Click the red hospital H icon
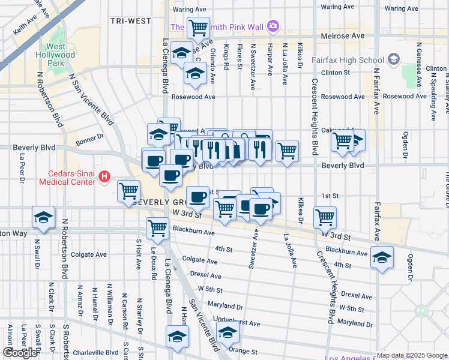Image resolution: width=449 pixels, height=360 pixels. click(x=104, y=176)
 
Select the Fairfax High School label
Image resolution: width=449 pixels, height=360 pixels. click(x=348, y=60)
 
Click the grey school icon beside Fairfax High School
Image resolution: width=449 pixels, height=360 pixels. click(x=394, y=59)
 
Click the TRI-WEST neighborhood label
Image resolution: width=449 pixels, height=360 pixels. click(x=131, y=21)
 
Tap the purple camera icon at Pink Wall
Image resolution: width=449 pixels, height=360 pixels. click(x=273, y=26)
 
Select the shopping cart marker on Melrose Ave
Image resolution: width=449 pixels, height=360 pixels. click(x=197, y=27)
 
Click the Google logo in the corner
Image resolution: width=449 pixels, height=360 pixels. click(x=20, y=353)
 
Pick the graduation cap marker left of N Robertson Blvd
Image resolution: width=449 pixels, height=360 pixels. click(x=43, y=217)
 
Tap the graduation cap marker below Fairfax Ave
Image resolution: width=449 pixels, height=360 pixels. click(x=382, y=257)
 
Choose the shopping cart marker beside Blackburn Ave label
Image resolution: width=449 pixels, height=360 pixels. click(x=157, y=227)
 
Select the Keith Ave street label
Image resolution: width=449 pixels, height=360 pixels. click(x=27, y=27)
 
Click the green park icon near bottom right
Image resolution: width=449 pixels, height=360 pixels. click(x=421, y=311)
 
